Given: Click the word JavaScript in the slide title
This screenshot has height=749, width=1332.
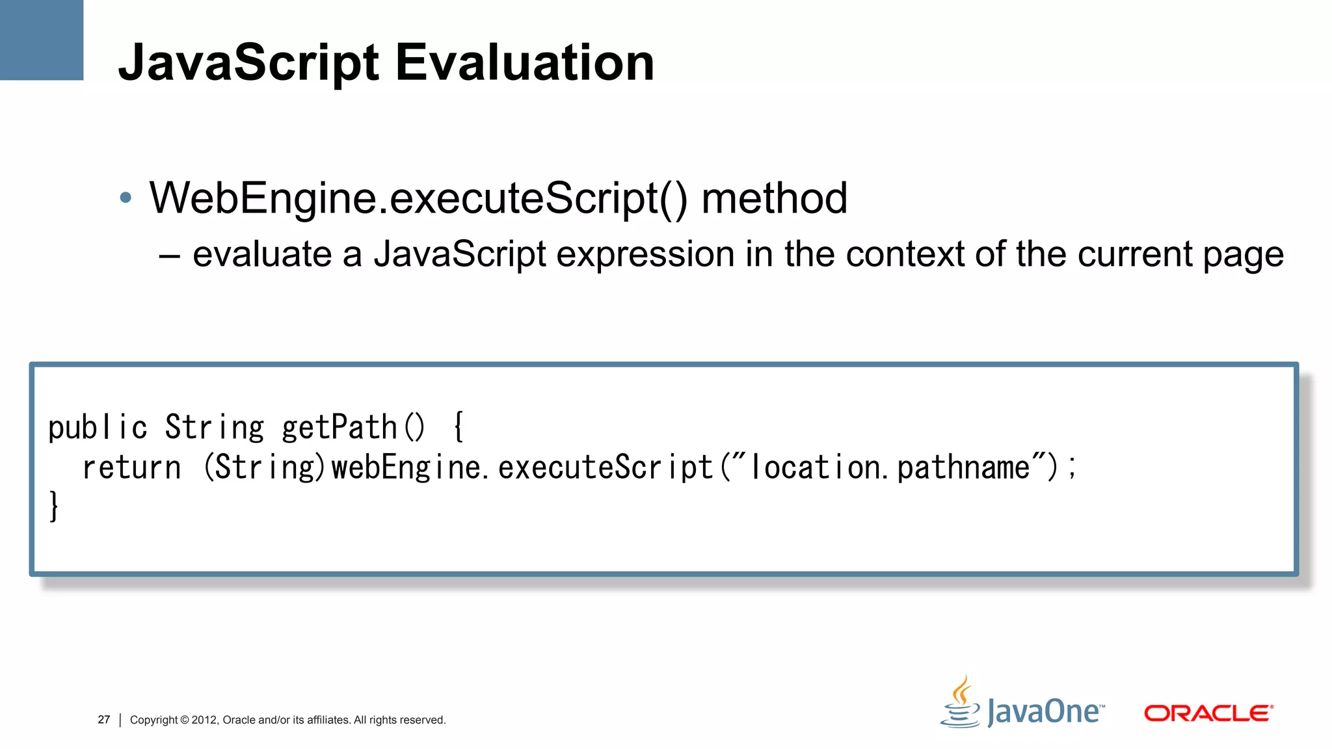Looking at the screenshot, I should pos(248,64).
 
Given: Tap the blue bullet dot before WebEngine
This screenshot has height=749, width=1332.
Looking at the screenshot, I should pos(126,198).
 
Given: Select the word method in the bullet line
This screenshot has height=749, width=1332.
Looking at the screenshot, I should pos(774,198).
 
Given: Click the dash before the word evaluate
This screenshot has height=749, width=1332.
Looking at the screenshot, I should pos(169,255).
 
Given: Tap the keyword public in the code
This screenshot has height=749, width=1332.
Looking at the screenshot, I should pos(98,428).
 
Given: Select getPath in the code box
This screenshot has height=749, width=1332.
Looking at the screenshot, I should pos(339,428).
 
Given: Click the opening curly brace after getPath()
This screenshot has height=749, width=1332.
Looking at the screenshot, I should pos(459,427).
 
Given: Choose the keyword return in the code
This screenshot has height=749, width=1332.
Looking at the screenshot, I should pos(131,467).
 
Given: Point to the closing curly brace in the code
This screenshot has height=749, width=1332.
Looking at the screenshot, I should pos(54,506).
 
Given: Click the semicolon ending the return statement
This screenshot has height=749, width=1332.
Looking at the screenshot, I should pos(1072,467).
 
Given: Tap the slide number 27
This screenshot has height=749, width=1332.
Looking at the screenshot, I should pos(104,720).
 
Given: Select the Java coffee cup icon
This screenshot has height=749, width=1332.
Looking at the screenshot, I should pos(961,703).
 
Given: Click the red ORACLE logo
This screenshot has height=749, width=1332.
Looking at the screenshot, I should pos(1208,713).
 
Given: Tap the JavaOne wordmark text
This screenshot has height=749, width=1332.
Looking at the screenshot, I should pos(1045,712).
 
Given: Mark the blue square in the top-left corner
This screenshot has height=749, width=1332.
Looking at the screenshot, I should pos(42,40).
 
